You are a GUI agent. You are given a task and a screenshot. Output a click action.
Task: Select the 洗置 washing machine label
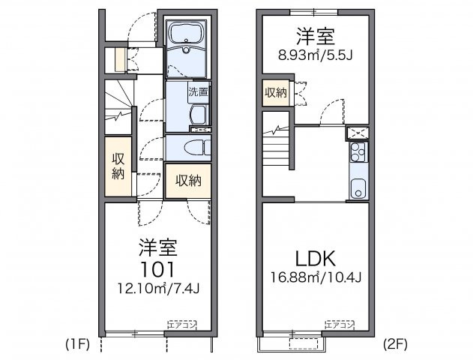(199, 94)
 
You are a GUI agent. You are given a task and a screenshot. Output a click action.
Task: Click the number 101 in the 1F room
(157, 268)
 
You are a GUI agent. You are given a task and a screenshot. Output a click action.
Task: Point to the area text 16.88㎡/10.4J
(317, 278)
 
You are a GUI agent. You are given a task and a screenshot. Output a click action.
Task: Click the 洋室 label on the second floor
(314, 35)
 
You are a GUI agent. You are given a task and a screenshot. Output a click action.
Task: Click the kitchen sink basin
(358, 187)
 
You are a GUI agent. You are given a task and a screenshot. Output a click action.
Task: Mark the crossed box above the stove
(358, 133)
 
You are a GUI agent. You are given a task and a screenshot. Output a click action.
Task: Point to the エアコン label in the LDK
(339, 324)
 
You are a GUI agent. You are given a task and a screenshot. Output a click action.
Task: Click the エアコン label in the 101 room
(181, 324)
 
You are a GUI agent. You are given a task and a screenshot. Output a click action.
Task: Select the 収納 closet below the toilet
(188, 181)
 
